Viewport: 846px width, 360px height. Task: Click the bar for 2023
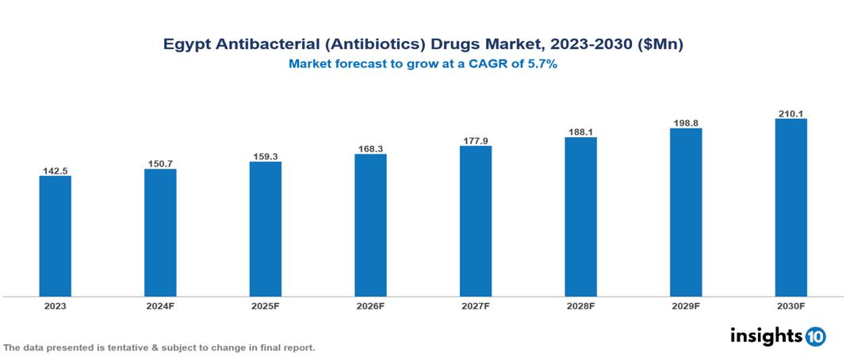(56, 236)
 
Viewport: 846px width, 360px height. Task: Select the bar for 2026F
(370, 225)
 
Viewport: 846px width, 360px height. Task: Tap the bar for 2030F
(790, 208)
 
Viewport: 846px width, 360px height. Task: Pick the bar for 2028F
(580, 217)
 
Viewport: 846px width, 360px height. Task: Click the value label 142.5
(56, 170)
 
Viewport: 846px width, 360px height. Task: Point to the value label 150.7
(160, 163)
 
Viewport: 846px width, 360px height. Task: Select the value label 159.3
(266, 156)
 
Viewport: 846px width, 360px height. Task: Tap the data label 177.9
(476, 141)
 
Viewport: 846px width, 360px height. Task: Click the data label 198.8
(686, 124)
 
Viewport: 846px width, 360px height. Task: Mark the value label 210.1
(790, 114)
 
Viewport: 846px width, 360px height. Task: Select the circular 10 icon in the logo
(815, 337)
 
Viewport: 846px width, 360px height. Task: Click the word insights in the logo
(765, 335)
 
